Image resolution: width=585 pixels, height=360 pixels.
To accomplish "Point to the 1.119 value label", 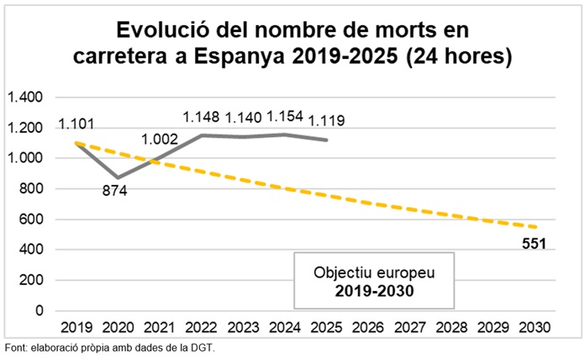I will (x=326, y=120).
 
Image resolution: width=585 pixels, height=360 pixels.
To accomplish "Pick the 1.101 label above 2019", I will (x=76, y=125).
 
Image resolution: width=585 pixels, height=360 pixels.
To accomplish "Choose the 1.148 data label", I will (x=203, y=119).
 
